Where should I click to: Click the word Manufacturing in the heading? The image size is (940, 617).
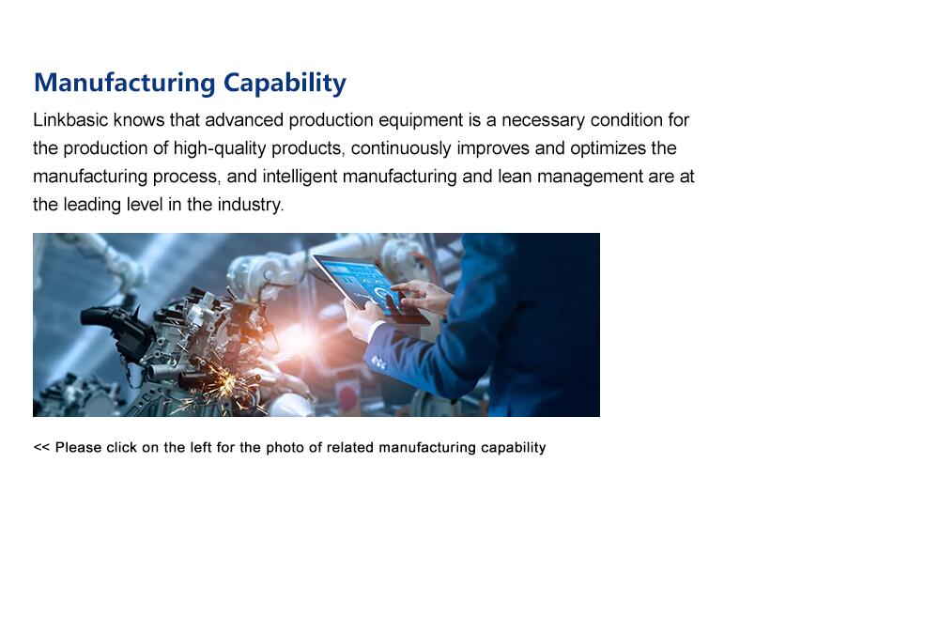click(x=125, y=83)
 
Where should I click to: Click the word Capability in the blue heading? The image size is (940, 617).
click(x=285, y=84)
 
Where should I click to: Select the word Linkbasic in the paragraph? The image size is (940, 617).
click(x=70, y=120)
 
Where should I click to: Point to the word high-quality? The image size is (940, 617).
click(x=220, y=148)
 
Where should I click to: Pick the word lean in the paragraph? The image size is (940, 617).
click(x=515, y=177)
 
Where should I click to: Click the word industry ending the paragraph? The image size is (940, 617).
click(x=251, y=205)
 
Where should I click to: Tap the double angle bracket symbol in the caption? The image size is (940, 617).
click(x=41, y=447)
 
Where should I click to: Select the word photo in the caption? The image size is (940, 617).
click(x=285, y=448)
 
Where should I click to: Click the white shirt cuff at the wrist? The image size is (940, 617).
click(x=374, y=332)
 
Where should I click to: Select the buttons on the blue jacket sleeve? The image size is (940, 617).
click(x=379, y=362)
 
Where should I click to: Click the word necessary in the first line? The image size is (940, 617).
click(x=543, y=120)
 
